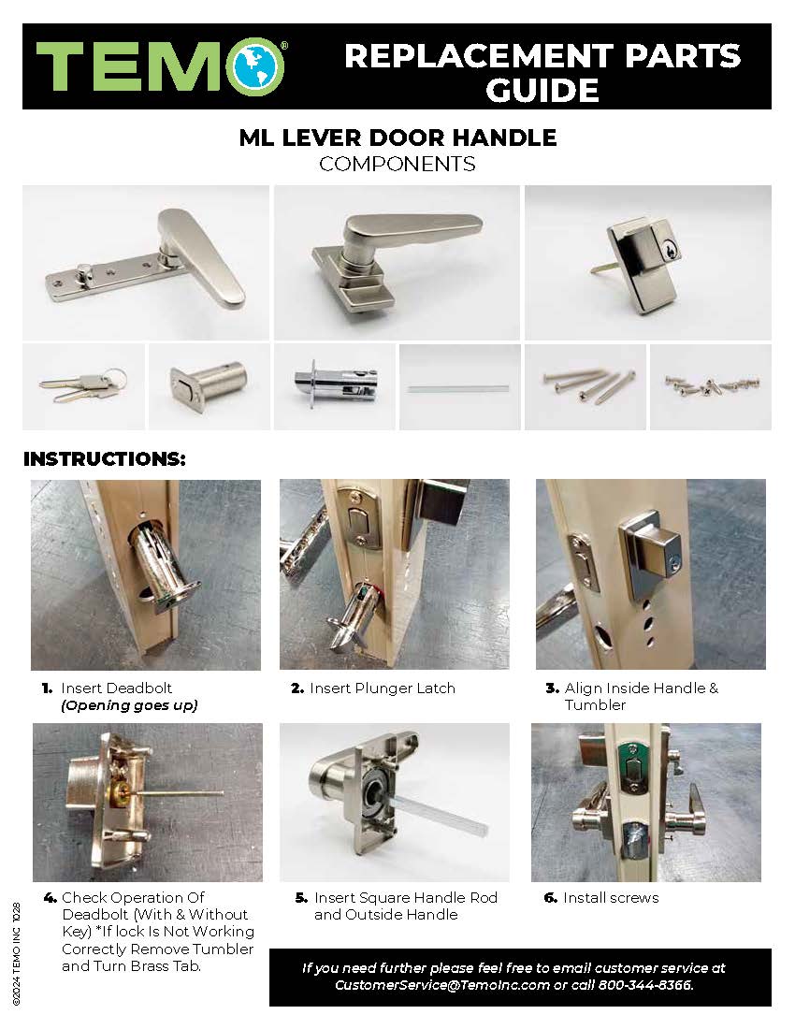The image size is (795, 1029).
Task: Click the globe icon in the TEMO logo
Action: click(x=255, y=66)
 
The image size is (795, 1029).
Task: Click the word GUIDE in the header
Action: click(x=542, y=90)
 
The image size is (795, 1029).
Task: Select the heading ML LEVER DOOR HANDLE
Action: click(x=397, y=138)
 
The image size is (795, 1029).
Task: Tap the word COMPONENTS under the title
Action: click(x=397, y=164)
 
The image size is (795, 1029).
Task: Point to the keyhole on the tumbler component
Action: click(x=669, y=250)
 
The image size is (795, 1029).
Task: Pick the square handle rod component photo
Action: click(x=458, y=388)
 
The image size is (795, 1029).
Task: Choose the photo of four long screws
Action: click(x=589, y=385)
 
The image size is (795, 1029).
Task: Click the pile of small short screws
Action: click(x=712, y=385)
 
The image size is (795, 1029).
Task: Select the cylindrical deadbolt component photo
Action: click(x=209, y=385)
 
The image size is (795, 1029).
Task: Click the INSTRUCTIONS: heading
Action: click(x=105, y=458)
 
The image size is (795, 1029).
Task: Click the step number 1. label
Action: click(x=47, y=688)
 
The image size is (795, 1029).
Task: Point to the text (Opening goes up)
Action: click(x=129, y=705)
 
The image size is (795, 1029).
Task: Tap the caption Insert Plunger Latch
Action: click(x=383, y=688)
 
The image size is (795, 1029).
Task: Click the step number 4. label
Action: click(x=50, y=898)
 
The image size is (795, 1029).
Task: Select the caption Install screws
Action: click(x=611, y=898)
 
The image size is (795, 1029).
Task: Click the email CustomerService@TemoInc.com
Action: click(x=442, y=985)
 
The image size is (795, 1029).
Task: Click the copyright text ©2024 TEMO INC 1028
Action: click(x=17, y=954)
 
